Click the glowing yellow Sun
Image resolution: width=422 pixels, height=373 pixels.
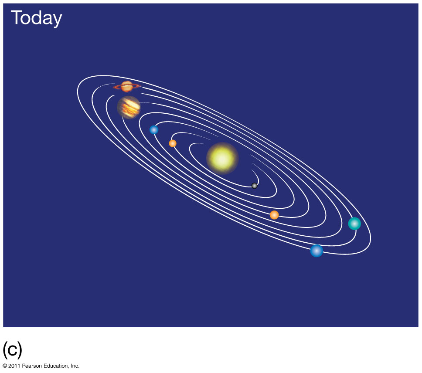222,159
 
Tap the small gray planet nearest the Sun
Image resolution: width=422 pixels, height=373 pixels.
254,186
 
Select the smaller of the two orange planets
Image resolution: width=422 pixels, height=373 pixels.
173,143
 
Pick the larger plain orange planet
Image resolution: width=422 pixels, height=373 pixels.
274,215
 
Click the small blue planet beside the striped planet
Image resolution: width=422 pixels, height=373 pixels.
154,130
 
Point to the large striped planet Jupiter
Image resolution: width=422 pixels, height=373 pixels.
129,107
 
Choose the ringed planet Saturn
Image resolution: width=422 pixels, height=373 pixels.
127,87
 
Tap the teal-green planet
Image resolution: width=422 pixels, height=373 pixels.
354,224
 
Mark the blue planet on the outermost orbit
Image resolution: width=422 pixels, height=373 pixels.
316,251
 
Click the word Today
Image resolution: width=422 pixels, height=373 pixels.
37,18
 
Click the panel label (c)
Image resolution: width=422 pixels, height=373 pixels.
12,349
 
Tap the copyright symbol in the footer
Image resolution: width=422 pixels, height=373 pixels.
4,366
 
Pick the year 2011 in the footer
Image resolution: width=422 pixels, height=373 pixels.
14,366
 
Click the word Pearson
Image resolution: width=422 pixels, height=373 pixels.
32,366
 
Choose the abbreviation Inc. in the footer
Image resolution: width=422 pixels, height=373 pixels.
75,366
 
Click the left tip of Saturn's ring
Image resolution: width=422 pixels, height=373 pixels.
114,87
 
